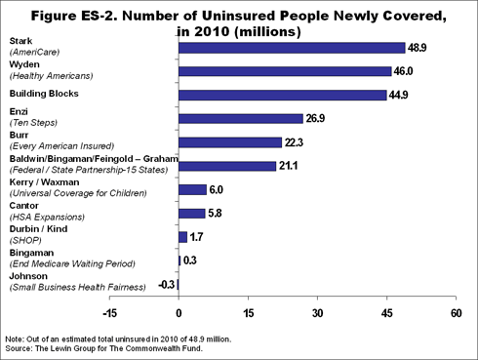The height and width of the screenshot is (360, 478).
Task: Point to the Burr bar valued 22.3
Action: point(230,142)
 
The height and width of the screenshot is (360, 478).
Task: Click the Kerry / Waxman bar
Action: point(192,189)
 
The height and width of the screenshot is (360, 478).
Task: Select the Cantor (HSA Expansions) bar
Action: point(191,213)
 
